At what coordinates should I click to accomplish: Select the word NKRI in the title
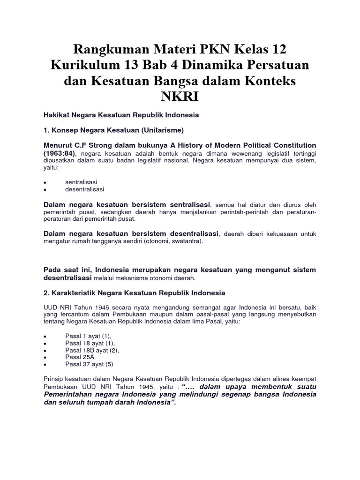coord(180,97)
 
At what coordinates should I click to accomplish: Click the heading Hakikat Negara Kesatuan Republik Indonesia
coord(121,114)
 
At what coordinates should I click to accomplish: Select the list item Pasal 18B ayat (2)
coord(92,350)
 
